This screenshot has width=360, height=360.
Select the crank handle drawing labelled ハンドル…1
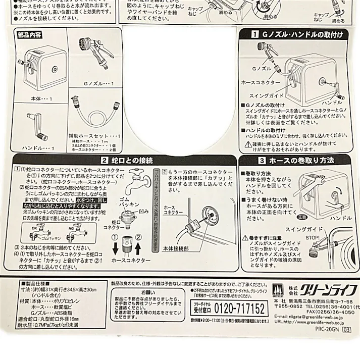pyautogui.click(x=34, y=128)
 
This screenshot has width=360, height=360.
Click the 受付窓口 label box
pyautogui.click(x=201, y=307)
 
